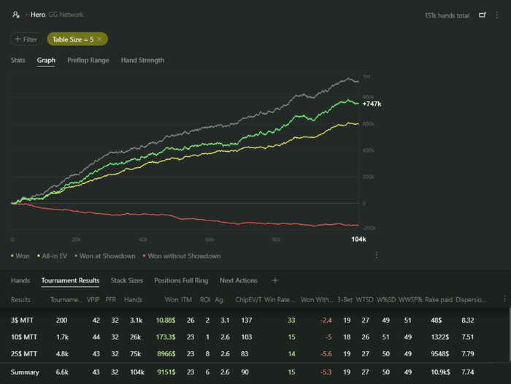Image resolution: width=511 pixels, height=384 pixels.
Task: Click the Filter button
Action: click(26, 39)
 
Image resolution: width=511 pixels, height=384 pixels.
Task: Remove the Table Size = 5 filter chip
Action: click(99, 39)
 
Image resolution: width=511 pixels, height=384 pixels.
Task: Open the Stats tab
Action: click(18, 61)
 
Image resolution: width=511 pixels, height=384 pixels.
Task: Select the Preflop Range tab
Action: click(88, 61)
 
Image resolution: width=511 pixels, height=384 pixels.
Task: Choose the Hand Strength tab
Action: click(142, 61)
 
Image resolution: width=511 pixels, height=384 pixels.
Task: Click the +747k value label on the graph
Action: click(372, 104)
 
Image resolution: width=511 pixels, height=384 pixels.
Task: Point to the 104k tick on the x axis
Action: click(358, 239)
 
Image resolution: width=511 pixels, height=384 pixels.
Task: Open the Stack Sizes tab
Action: click(127, 280)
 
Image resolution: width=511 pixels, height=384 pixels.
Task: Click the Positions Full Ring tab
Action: click(181, 280)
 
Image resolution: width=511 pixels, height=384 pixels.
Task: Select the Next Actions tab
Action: click(239, 280)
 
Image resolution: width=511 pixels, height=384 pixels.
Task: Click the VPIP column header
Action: click(93, 299)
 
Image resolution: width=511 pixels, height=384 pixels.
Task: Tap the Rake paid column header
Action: click(439, 299)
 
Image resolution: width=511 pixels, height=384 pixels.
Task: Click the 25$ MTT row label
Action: click(23, 353)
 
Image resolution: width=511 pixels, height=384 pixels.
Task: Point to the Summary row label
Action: click(25, 372)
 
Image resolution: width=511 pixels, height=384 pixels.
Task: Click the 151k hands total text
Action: click(447, 15)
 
